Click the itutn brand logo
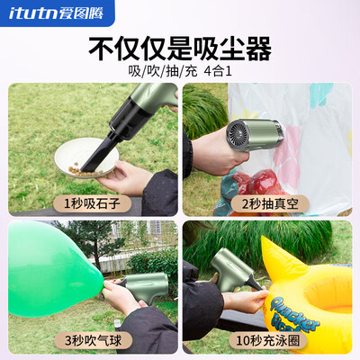56,13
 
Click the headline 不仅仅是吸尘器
180,49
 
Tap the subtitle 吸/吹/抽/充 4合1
180,72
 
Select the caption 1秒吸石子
92,204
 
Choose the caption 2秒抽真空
270,204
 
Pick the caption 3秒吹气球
93,340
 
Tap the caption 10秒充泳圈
268,340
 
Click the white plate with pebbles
86,158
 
